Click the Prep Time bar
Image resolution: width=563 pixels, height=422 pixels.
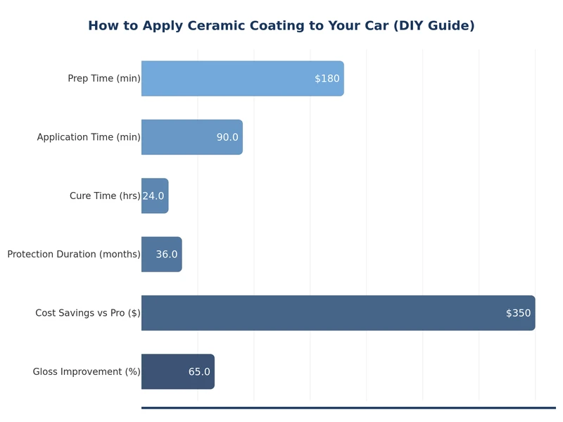click(x=225, y=79)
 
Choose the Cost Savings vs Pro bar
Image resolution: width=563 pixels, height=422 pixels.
click(x=317, y=313)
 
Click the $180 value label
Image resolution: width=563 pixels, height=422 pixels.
click(x=327, y=79)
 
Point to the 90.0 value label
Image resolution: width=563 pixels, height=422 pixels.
click(x=227, y=137)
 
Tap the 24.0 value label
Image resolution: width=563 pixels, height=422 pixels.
click(x=153, y=196)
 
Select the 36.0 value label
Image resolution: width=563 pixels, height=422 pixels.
click(x=167, y=255)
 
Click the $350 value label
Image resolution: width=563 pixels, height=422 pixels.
click(x=519, y=313)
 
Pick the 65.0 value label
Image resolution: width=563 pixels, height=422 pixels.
click(x=199, y=371)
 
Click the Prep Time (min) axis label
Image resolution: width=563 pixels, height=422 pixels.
click(x=104, y=79)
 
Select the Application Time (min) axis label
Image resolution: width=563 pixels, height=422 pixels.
click(x=89, y=137)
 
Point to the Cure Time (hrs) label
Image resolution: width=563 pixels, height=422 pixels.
click(x=105, y=196)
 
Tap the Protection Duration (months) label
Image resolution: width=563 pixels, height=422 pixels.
click(x=74, y=255)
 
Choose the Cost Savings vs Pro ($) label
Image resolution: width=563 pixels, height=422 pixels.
click(x=88, y=313)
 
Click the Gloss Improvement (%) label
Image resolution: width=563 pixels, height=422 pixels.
click(x=87, y=371)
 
